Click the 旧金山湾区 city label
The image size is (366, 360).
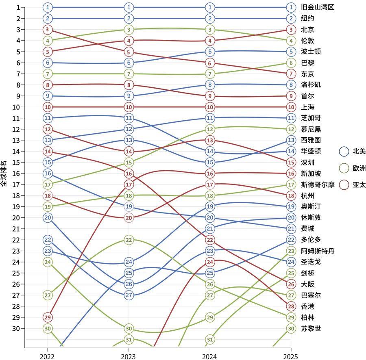tap(317, 7)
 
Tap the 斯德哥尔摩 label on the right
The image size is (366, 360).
tap(317, 184)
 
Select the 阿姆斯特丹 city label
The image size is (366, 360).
tap(317, 251)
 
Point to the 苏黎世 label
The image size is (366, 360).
tap(311, 328)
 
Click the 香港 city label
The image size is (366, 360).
tap(307, 306)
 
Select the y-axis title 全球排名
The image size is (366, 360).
tap(4, 173)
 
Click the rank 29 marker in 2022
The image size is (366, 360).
tap(48, 317)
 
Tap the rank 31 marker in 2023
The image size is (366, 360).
tap(129, 339)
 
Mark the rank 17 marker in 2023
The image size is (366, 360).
tap(129, 184)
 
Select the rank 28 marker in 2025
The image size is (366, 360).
tap(291, 306)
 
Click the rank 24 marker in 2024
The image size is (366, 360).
tap(210, 262)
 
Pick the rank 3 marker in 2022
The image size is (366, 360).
tap(48, 29)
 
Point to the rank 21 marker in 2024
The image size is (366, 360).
tap(210, 229)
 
